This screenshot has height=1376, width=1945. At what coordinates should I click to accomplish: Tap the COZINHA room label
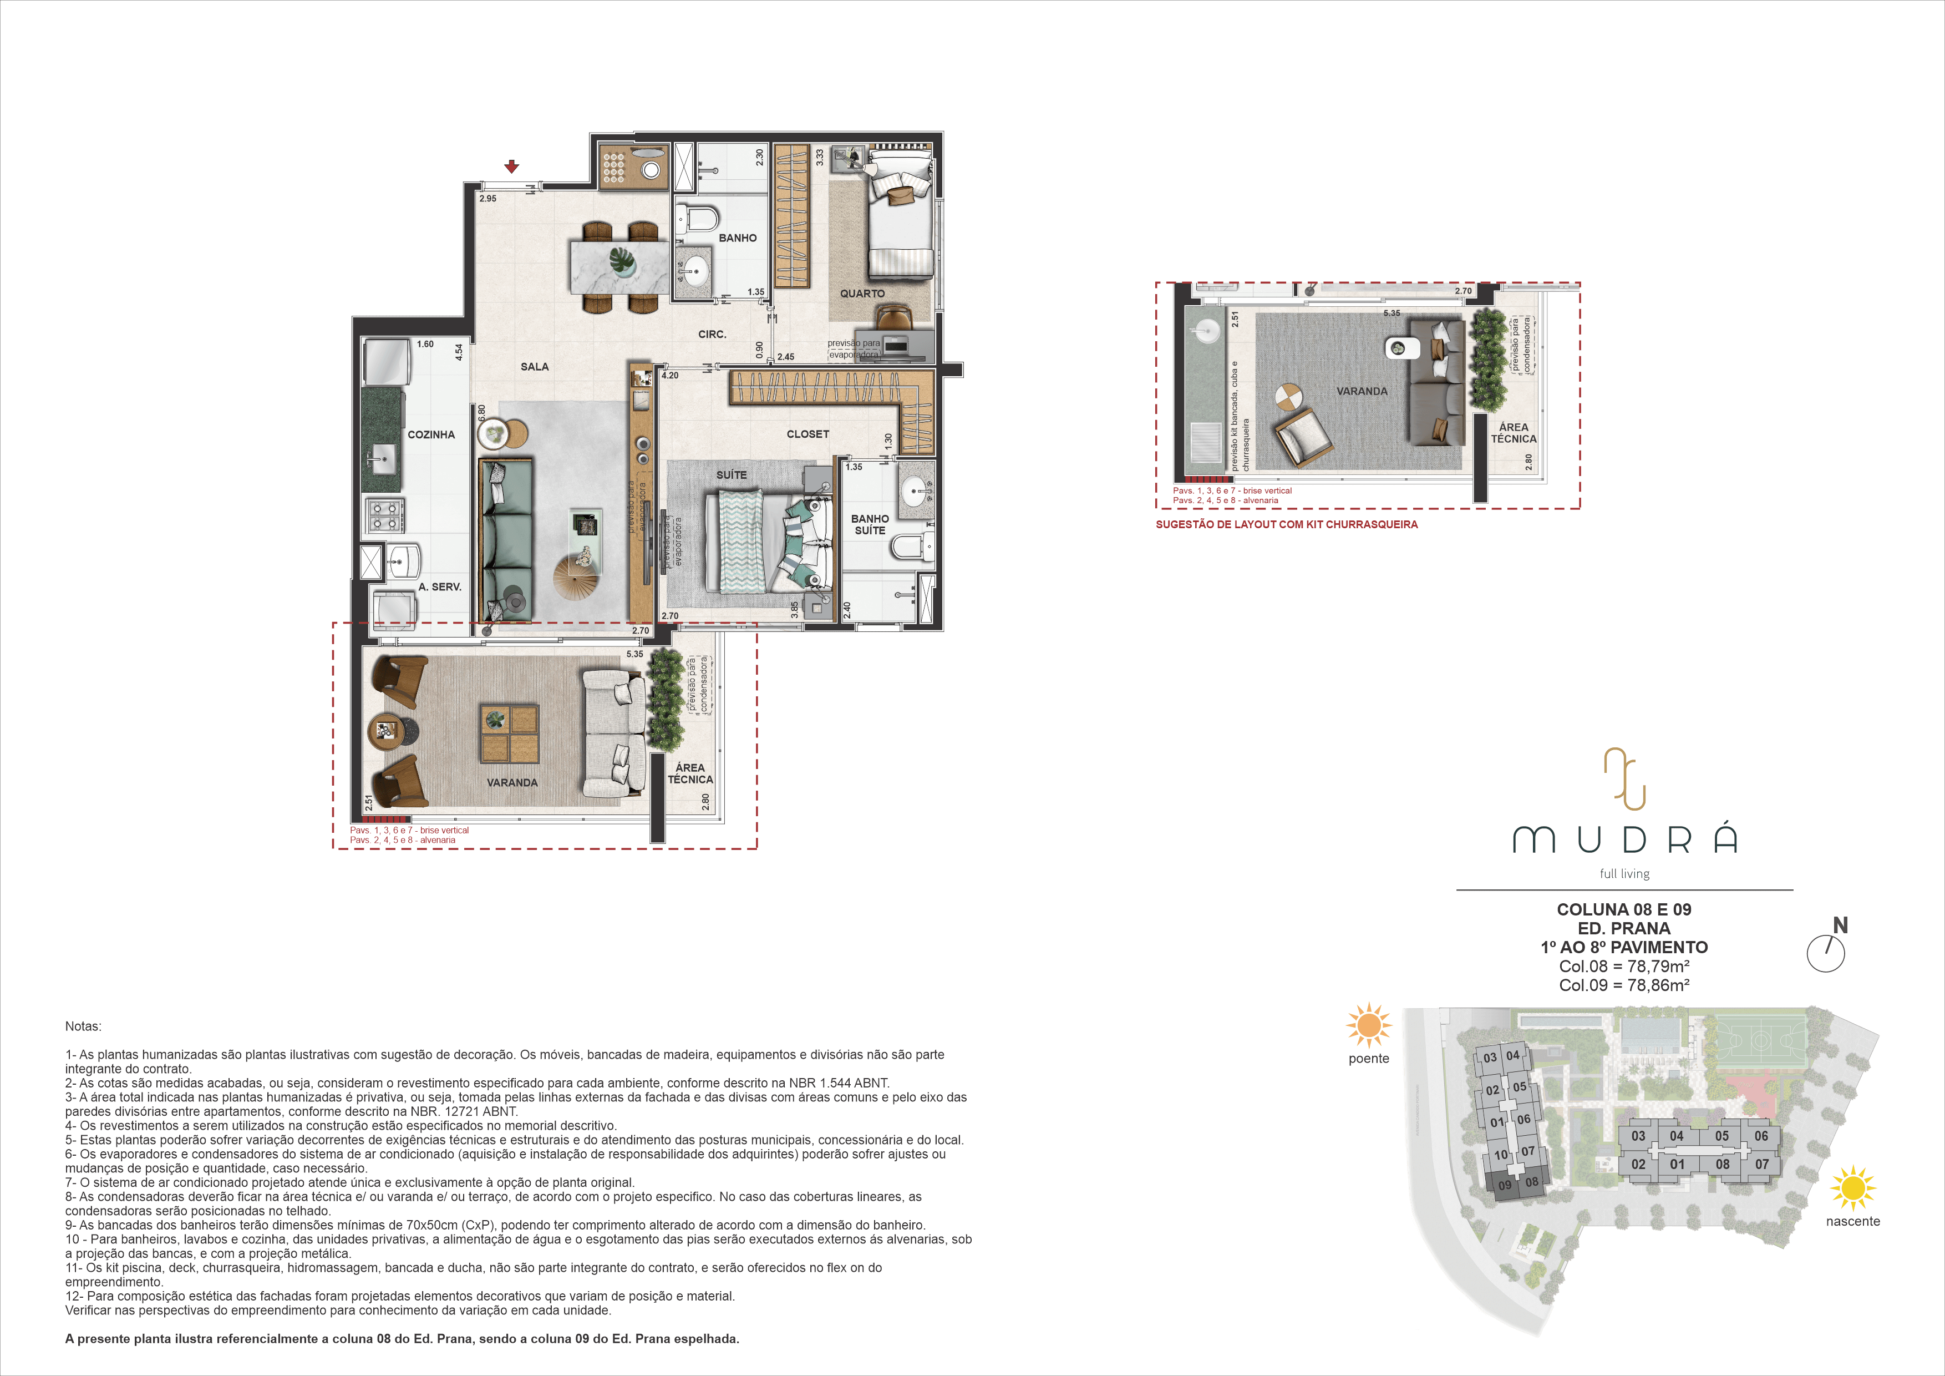(x=431, y=434)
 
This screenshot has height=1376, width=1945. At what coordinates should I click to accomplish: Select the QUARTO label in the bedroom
(x=862, y=294)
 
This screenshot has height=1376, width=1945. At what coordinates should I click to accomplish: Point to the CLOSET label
(x=808, y=434)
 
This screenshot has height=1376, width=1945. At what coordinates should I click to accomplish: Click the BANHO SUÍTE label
(x=870, y=524)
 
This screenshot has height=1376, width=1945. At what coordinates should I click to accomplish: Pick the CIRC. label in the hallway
(x=713, y=335)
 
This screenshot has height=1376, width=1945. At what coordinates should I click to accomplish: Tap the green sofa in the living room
(x=506, y=540)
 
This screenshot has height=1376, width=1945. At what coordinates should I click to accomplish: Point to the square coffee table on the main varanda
(x=509, y=733)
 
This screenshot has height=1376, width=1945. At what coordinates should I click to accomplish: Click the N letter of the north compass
(x=1840, y=926)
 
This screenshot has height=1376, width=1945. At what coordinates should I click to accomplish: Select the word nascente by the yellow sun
(x=1853, y=1221)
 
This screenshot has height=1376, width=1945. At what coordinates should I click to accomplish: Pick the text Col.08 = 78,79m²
(x=1624, y=967)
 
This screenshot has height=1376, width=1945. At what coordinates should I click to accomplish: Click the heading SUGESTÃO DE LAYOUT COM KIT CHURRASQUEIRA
(x=1287, y=524)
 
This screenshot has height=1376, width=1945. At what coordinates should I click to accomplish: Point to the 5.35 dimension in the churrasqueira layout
(x=1392, y=313)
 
